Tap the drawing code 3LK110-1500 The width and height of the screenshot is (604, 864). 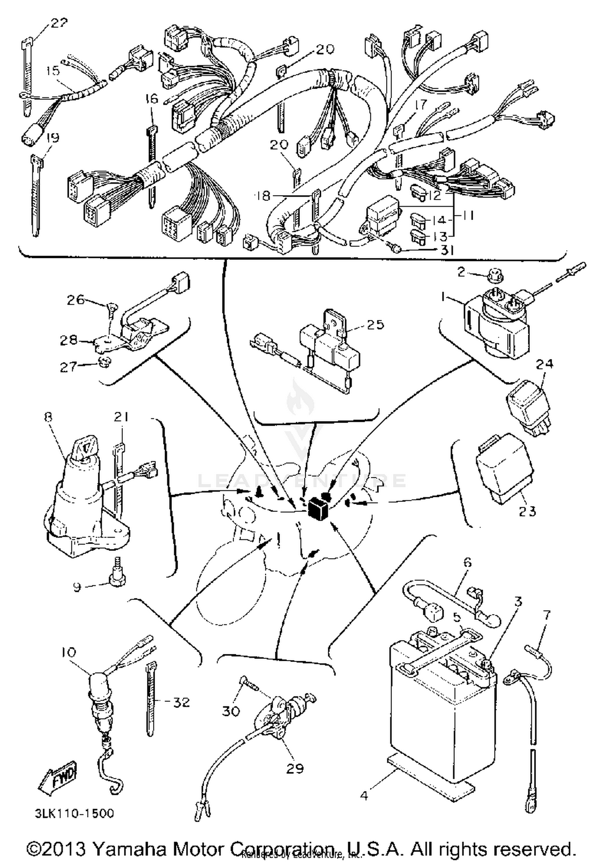tap(74, 813)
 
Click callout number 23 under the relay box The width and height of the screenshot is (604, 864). tap(527, 511)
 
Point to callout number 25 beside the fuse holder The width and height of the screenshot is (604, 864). tap(375, 324)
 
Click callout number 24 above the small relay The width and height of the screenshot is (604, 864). tap(544, 364)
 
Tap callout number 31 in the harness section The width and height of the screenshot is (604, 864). tap(447, 250)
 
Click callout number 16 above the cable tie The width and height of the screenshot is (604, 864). tap(152, 99)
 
